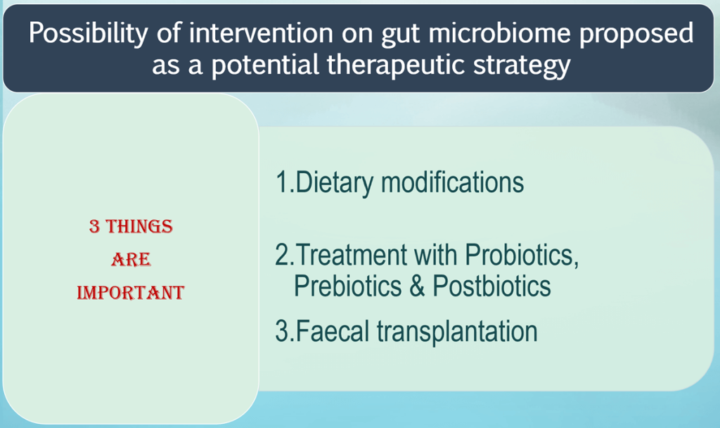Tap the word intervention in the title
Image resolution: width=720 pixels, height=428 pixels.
point(248,34)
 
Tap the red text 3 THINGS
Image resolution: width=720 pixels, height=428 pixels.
point(131,227)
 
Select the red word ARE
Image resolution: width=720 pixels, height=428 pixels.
point(131,260)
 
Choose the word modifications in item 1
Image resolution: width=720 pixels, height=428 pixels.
point(452,182)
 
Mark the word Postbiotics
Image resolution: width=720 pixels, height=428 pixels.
point(491,287)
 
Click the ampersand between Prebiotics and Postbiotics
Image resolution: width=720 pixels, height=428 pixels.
point(417,287)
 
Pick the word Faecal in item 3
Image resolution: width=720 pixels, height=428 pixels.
point(335,331)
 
